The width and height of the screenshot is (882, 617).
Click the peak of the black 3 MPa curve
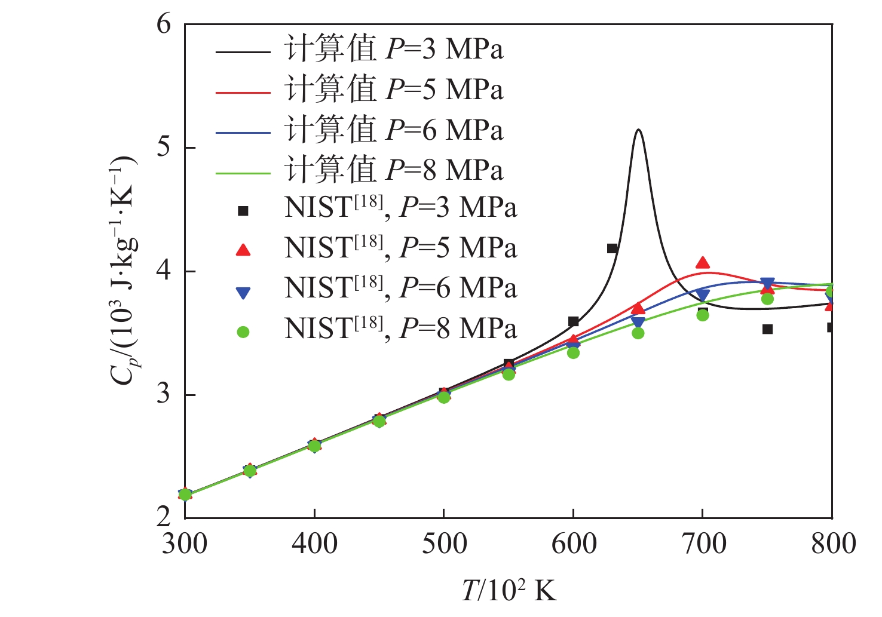[x=639, y=130]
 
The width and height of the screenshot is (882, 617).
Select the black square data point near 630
[x=612, y=248]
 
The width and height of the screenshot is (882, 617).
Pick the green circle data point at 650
[x=638, y=333]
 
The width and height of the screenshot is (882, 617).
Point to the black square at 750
[x=768, y=329]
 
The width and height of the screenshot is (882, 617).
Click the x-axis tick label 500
[x=444, y=544]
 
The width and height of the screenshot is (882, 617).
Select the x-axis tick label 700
[x=703, y=544]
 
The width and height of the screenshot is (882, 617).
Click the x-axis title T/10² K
[x=509, y=591]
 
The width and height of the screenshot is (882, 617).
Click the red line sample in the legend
[x=243, y=93]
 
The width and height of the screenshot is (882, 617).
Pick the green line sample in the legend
[x=243, y=173]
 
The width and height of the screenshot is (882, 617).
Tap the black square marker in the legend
[x=243, y=211]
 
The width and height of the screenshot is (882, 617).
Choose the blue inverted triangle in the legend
[x=243, y=292]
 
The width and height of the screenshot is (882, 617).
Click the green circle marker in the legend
[x=243, y=332]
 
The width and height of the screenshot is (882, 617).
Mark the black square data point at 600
[x=573, y=322]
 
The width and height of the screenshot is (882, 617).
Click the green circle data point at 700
[x=703, y=315]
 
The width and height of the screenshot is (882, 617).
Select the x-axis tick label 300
[x=185, y=544]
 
